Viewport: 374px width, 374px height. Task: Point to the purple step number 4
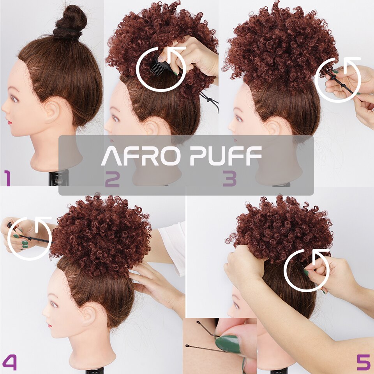point(9,362)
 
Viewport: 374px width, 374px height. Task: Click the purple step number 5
point(363,362)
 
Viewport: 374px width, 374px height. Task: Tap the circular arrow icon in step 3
point(338,80)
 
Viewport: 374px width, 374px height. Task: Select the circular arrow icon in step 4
point(29,238)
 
